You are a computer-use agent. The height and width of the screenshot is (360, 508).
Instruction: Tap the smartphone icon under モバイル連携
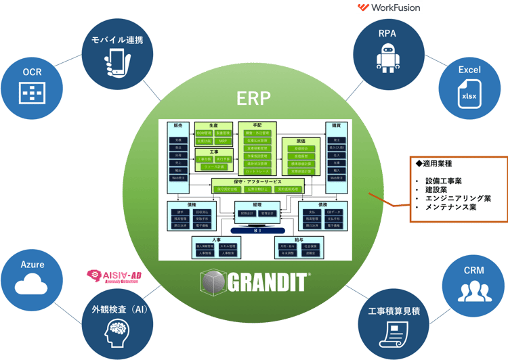[118, 62]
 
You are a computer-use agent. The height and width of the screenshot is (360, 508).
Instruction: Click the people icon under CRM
[474, 290]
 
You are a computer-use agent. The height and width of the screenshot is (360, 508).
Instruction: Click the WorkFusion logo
[389, 7]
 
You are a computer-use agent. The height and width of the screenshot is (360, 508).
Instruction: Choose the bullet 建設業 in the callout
[440, 189]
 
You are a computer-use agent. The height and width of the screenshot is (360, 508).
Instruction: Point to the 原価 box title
[301, 140]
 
